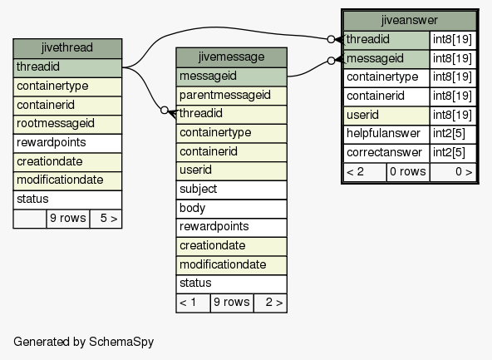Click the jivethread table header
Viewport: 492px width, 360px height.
67,48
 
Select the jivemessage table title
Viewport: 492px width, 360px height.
232,57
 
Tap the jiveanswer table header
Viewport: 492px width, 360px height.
410,21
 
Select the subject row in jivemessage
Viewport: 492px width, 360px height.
232,190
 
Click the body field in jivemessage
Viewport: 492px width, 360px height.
232,209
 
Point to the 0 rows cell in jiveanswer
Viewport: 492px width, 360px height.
408,172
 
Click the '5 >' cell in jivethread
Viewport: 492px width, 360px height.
106,219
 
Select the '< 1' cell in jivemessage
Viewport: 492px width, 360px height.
194,303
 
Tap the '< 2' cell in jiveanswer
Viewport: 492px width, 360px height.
365,172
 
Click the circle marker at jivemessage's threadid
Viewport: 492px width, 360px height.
165,111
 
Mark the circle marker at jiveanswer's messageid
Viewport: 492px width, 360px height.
331,61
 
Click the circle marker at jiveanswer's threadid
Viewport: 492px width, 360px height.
331,39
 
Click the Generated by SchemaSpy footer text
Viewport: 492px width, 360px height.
83,342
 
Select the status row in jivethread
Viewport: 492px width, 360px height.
67,200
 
